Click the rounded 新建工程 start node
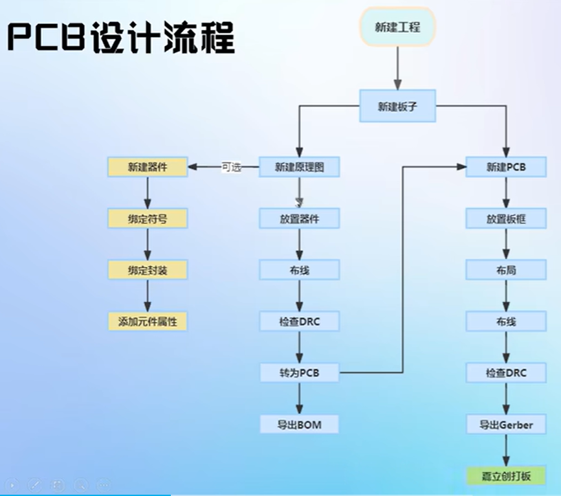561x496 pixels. tap(397, 27)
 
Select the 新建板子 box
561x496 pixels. tap(397, 106)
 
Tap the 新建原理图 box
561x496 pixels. tap(299, 167)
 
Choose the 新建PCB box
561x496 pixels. tap(506, 167)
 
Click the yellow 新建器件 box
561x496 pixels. tap(148, 167)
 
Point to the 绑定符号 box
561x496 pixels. tap(148, 219)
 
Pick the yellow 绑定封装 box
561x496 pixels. tap(148, 269)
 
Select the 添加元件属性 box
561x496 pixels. tap(148, 321)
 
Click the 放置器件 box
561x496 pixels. tap(299, 219)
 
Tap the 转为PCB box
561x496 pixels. tap(299, 373)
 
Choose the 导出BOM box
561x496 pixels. tap(299, 424)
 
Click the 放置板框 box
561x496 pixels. tap(506, 219)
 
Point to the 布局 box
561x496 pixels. tap(506, 269)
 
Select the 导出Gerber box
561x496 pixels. tap(506, 424)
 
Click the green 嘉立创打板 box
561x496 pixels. tap(506, 476)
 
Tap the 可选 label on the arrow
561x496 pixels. tap(231, 167)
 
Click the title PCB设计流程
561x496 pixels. tap(120, 38)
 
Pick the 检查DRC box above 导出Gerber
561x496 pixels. tap(506, 373)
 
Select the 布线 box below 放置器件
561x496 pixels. tap(299, 269)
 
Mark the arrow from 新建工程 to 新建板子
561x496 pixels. tap(397, 68)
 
